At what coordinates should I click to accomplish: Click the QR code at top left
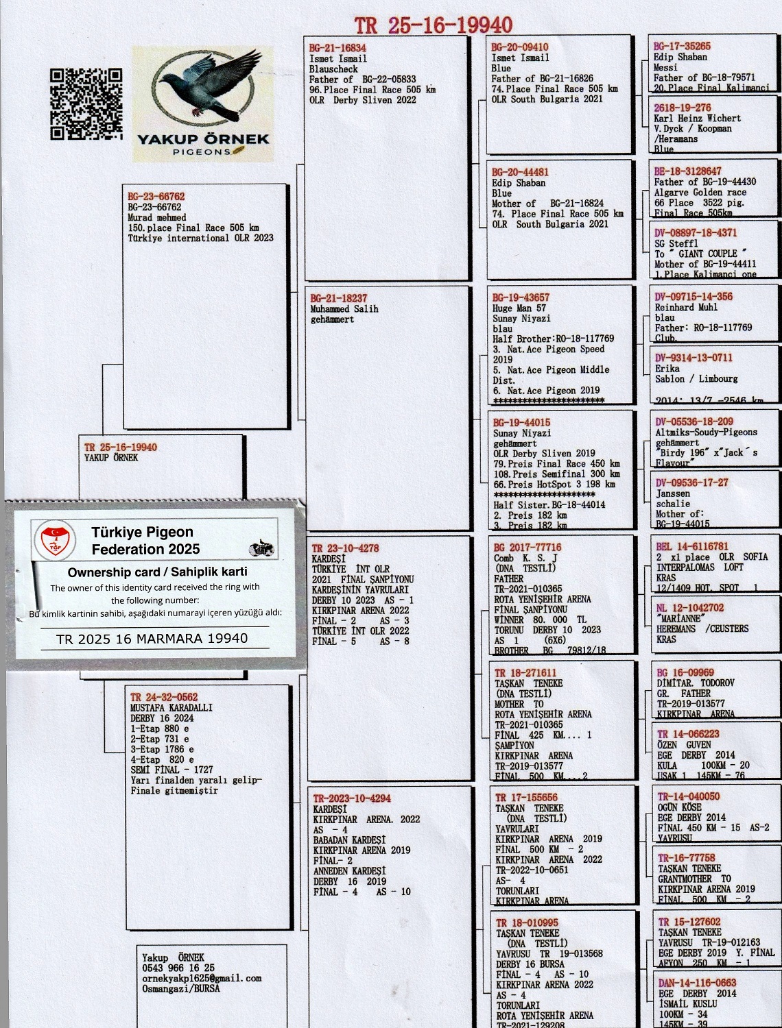pos(86,104)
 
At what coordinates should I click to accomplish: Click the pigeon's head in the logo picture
pos(167,79)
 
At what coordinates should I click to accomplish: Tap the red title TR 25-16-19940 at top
pos(434,25)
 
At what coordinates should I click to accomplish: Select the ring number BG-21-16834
pos(337,49)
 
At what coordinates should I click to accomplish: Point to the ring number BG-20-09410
pos(520,47)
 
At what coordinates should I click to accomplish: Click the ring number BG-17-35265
pos(682,47)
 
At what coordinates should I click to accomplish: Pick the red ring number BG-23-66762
pos(156,197)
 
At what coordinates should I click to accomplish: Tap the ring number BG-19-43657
pos(521,297)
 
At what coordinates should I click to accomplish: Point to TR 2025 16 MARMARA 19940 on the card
pos(152,639)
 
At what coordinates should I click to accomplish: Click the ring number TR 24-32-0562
pos(164,697)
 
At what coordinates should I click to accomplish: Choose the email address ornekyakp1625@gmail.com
pos(202,978)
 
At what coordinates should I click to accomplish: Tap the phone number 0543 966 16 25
pos(178,968)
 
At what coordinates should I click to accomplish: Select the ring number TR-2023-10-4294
pos(352,798)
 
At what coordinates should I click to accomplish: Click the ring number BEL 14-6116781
pos(692,546)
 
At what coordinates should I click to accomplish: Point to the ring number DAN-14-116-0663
pos(697,983)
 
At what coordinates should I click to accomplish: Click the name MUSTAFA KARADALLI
pos(171,707)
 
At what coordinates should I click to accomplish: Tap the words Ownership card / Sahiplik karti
pos(157,572)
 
